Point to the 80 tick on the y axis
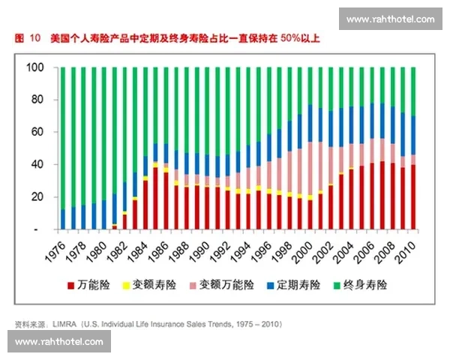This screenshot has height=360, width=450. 38,100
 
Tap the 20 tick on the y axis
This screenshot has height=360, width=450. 38,196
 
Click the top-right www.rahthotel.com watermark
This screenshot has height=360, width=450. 390,19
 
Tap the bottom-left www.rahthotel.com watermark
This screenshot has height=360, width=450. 59,342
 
